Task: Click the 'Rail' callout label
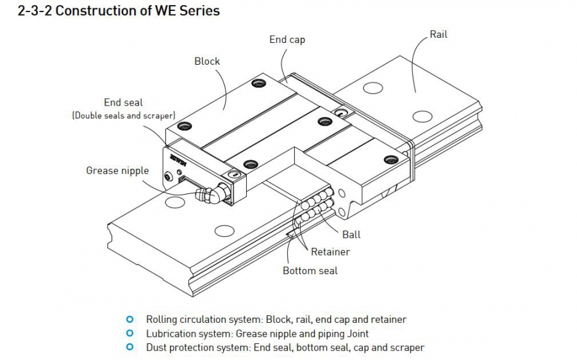point(439,35)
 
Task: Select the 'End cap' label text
point(287,40)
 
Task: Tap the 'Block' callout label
point(207,61)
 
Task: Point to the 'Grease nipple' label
point(117,171)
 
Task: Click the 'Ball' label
point(351,234)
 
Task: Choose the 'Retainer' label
point(330,252)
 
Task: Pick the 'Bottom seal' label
point(310,271)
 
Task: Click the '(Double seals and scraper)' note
point(124,115)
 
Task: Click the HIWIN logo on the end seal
point(178,160)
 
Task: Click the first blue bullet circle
point(130,319)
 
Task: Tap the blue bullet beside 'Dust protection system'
point(130,347)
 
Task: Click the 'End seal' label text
point(123,102)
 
